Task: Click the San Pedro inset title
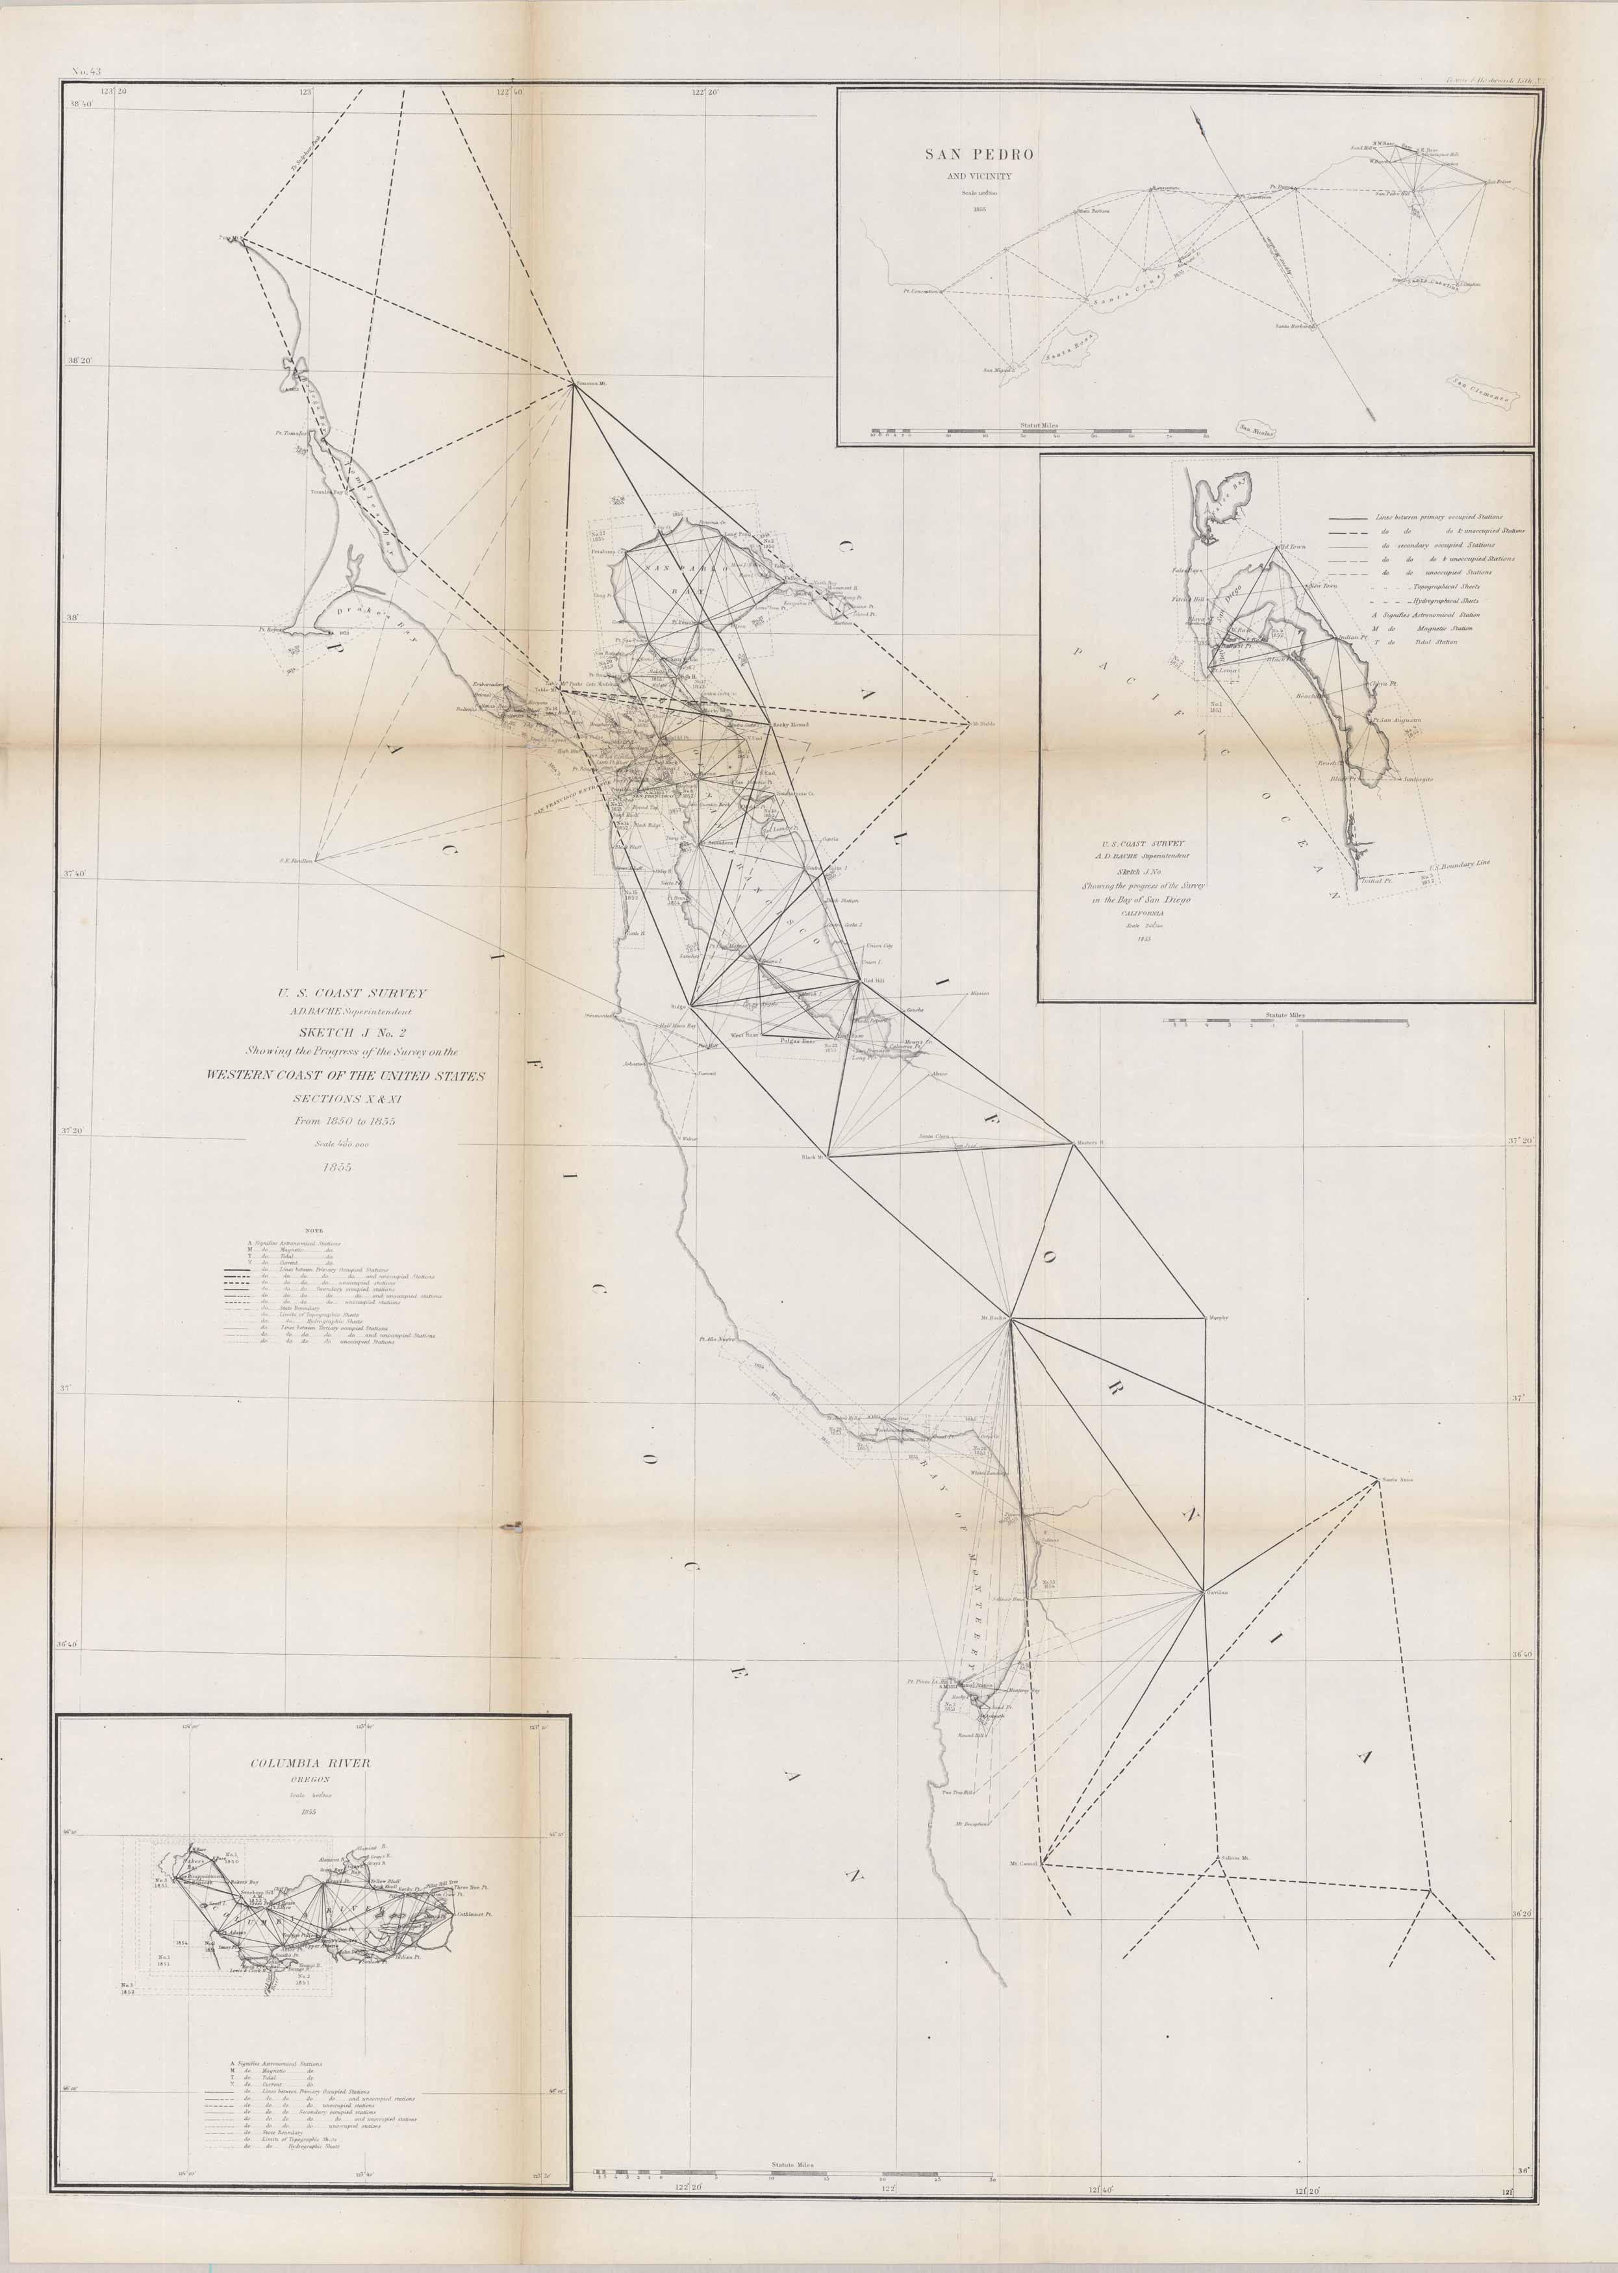point(978,155)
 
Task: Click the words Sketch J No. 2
point(353,1032)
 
